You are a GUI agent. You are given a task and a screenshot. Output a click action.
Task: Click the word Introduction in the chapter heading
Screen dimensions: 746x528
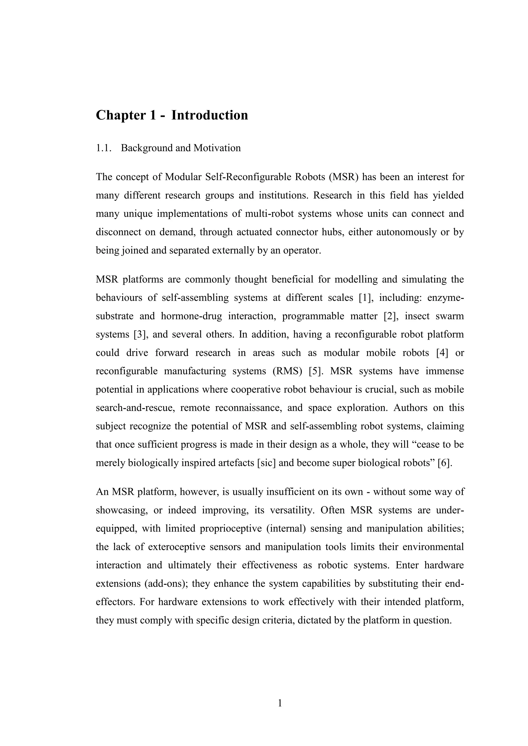pos(209,115)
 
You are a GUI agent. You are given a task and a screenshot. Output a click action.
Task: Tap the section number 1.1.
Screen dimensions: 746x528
pos(103,148)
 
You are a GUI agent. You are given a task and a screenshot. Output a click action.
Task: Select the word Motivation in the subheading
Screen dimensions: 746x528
pos(217,148)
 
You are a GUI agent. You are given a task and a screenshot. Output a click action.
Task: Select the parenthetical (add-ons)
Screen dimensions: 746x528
pos(165,584)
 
